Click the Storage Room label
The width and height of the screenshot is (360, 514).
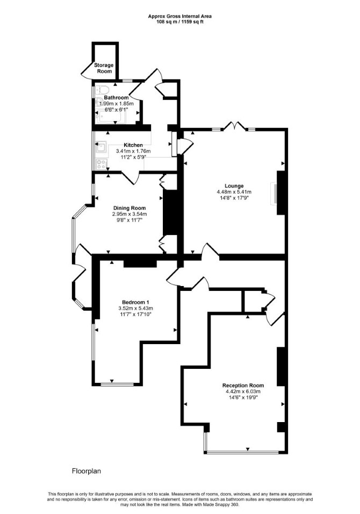tap(104, 68)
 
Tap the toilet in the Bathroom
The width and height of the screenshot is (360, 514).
tap(102, 89)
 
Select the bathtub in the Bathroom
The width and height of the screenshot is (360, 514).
tap(110, 117)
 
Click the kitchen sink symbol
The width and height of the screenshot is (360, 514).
tap(101, 147)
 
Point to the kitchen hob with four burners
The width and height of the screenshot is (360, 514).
tap(101, 164)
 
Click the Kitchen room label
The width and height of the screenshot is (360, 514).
tap(133, 145)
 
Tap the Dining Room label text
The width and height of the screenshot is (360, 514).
tap(129, 208)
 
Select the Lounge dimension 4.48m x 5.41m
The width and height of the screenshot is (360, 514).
tap(234, 192)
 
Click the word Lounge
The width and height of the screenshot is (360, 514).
tap(234, 186)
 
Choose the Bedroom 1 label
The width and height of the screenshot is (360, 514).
tap(135, 302)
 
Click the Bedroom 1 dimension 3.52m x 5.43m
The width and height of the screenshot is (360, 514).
tap(135, 308)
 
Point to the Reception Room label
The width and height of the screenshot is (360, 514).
tap(243, 386)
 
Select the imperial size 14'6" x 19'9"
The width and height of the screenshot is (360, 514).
tap(243, 397)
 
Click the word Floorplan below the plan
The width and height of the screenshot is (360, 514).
tap(87, 472)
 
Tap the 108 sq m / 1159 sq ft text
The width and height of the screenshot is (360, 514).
tap(180, 22)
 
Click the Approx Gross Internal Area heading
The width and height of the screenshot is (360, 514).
tap(180, 16)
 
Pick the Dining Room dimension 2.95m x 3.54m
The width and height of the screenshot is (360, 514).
tap(129, 214)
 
